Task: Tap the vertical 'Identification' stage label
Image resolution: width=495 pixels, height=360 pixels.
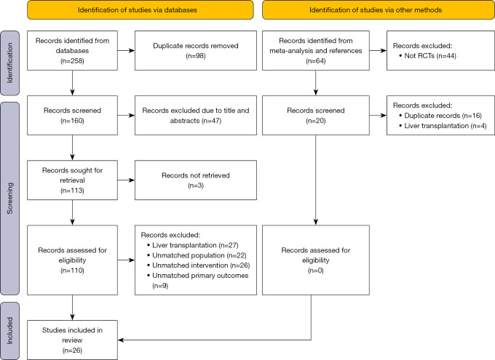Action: [9, 63]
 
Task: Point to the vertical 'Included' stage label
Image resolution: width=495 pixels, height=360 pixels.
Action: [9, 331]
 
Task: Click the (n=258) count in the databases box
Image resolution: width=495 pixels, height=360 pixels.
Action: [72, 61]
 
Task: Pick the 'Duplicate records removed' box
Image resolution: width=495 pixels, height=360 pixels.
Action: [196, 50]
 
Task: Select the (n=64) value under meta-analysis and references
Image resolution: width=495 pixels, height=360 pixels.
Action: [316, 61]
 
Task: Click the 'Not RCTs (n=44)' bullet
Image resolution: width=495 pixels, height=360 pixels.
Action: [428, 56]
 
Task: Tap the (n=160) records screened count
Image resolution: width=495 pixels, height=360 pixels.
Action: [72, 121]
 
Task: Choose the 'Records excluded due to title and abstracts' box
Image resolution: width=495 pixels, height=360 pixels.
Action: [196, 116]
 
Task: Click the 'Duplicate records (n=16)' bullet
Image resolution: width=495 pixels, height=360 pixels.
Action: [440, 116]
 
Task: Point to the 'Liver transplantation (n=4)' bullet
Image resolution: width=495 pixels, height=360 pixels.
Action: [443, 126]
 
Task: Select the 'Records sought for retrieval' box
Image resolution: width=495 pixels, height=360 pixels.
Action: [72, 180]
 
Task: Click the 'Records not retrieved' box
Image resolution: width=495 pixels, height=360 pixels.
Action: [196, 180]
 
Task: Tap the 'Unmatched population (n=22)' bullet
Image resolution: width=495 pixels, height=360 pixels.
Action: [197, 255]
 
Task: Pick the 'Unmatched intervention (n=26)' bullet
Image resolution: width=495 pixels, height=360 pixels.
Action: [198, 265]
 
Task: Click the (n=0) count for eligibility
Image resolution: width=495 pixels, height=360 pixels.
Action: [316, 271]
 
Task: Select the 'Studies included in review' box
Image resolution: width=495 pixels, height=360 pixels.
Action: [72, 340]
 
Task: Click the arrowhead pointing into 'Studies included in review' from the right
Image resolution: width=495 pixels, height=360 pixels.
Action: [122, 340]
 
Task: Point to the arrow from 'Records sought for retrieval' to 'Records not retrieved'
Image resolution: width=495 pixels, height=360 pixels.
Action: [126, 180]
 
